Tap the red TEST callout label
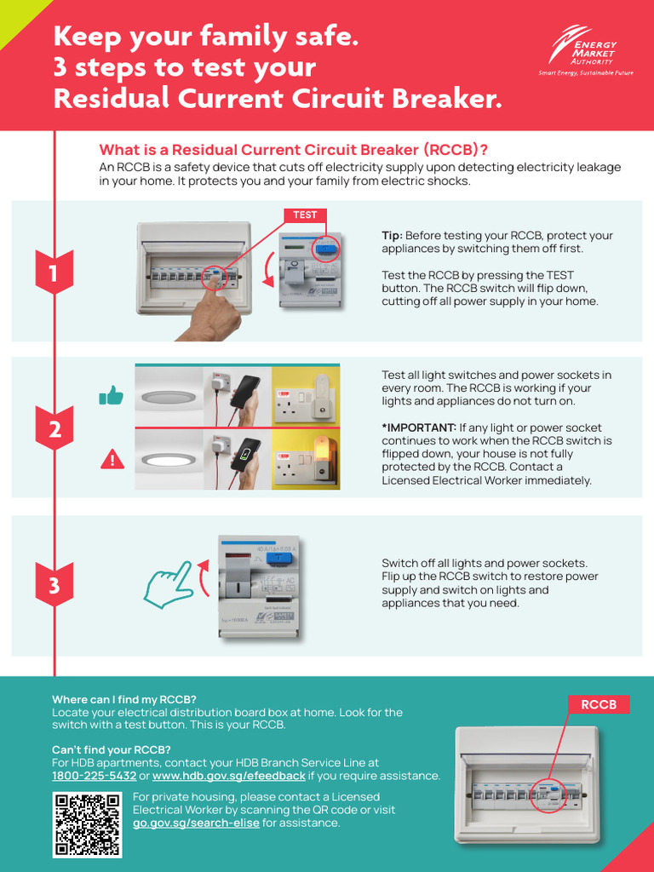click(x=305, y=215)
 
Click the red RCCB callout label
click(x=599, y=704)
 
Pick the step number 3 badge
click(x=54, y=586)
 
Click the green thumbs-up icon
click(x=112, y=395)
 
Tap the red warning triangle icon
click(x=112, y=460)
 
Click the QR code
click(x=87, y=823)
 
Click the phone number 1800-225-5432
click(x=94, y=776)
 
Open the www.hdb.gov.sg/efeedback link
click(x=228, y=776)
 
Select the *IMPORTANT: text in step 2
click(x=419, y=427)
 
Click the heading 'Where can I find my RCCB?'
click(x=124, y=699)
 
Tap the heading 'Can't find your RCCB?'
click(x=112, y=749)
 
